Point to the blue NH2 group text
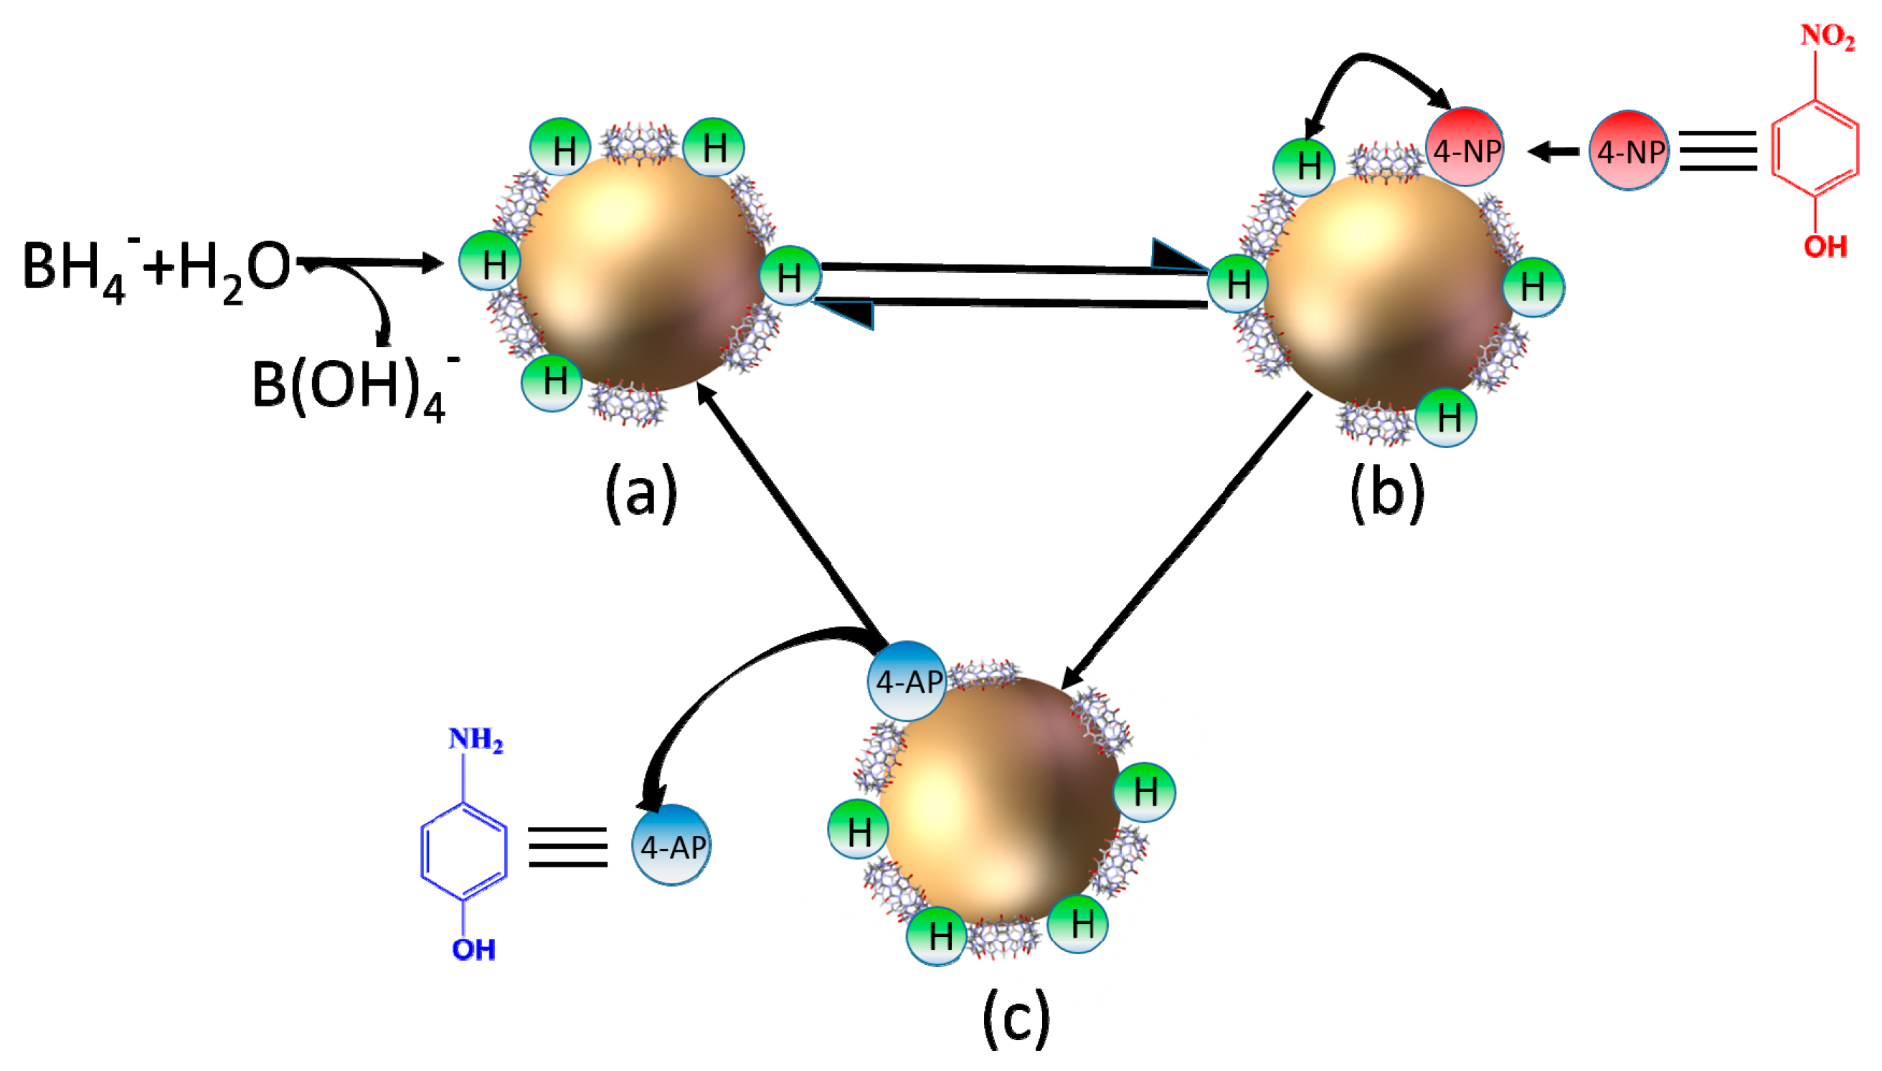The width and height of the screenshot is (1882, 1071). point(476,739)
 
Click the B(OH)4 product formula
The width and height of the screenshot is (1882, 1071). point(353,388)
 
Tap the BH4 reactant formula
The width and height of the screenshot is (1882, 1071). point(77,269)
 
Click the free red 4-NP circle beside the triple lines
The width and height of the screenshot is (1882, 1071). point(1629,151)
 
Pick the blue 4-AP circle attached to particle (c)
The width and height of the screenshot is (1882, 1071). point(907,680)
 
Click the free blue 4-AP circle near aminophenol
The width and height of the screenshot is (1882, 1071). point(671,845)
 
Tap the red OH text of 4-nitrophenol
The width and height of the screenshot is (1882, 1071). point(1825,247)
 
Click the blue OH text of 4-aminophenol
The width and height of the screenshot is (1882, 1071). point(473,950)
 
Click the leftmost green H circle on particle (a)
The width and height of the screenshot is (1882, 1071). point(490,261)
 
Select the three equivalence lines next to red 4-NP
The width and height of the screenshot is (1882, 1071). point(1718,151)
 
